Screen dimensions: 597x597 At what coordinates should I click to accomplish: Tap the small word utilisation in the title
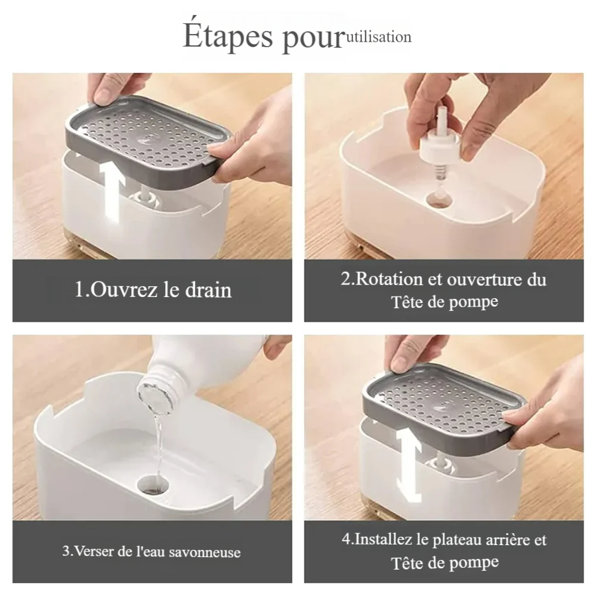click(379, 37)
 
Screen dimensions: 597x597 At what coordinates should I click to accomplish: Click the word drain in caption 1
click(209, 289)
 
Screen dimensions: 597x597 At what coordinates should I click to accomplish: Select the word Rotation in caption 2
click(389, 279)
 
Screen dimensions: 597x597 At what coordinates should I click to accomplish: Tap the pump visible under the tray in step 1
click(146, 197)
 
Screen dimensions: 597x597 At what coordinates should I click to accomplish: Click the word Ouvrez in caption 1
click(123, 289)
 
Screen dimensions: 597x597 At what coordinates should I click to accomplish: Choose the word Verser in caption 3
click(93, 551)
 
